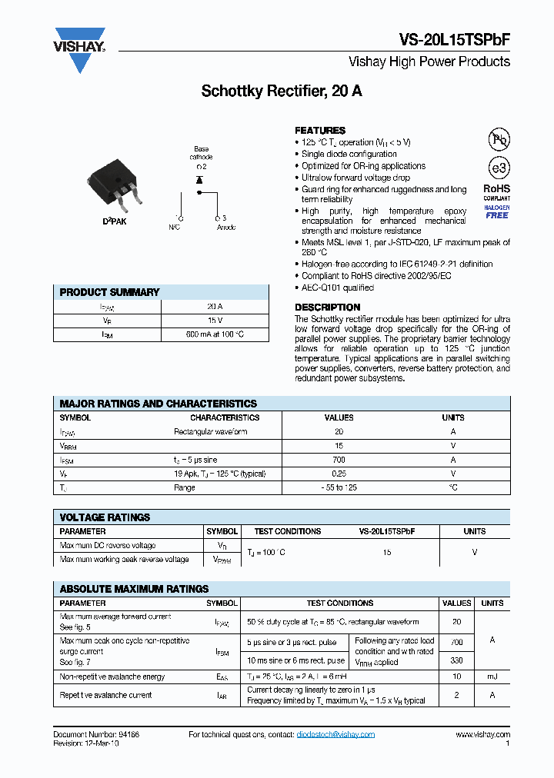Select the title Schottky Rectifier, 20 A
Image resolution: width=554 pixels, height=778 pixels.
click(x=282, y=91)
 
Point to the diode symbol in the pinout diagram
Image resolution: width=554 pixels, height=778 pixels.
click(x=199, y=179)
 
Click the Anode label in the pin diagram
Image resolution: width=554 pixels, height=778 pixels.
click(x=226, y=228)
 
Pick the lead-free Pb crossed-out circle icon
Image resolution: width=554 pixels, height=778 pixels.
click(x=499, y=139)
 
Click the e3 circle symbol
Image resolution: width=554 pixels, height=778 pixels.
click(x=499, y=168)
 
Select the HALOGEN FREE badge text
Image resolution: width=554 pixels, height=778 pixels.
click(x=496, y=211)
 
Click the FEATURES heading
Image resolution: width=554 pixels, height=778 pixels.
click(x=320, y=131)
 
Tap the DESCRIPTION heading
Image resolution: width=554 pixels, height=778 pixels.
click(x=328, y=308)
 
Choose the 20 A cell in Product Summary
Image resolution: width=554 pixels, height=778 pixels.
click(x=215, y=306)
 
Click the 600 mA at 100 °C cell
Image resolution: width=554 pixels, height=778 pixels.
click(x=215, y=334)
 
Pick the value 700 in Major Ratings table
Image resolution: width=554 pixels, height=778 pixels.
click(x=339, y=460)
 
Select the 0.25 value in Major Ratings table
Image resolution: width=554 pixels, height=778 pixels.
click(x=339, y=474)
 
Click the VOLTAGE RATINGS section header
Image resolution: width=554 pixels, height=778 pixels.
click(x=105, y=517)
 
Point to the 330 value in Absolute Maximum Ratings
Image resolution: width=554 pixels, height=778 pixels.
click(x=457, y=660)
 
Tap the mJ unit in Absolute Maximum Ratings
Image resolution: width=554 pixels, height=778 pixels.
click(x=492, y=677)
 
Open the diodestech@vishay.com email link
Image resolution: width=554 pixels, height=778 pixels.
click(x=335, y=735)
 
